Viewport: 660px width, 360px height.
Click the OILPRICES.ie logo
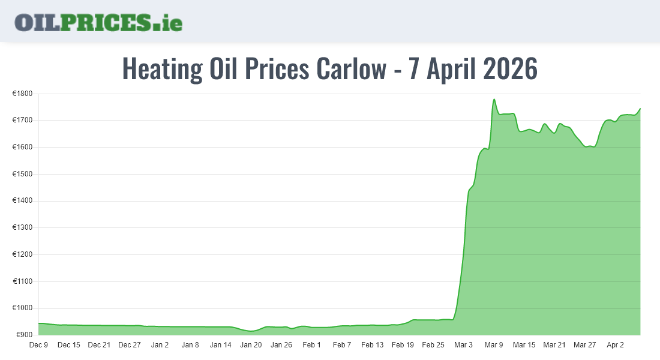point(98,22)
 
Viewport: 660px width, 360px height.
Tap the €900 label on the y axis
point(23,335)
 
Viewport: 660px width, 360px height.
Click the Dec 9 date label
point(38,345)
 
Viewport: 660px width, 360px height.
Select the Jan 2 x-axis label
point(160,345)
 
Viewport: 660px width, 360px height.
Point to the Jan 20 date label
point(251,345)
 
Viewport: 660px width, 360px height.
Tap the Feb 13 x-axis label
point(372,345)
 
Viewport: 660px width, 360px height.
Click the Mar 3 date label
point(463,345)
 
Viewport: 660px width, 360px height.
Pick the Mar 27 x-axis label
point(584,345)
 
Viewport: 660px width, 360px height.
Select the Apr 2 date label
point(615,345)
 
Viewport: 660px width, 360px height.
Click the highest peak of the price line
point(494,100)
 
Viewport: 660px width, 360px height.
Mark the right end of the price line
point(640,109)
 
